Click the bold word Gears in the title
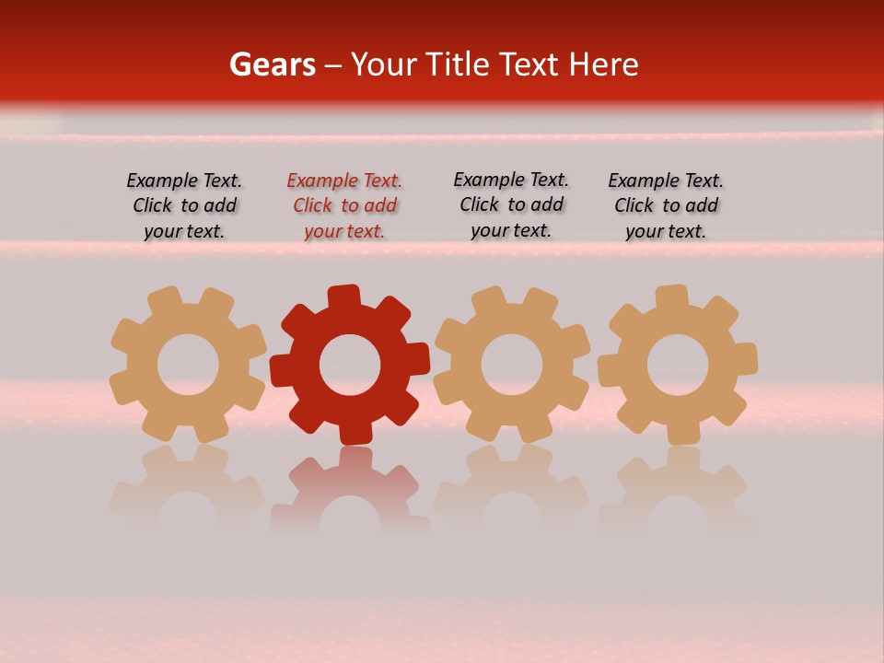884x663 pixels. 272,64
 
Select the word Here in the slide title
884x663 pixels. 603,64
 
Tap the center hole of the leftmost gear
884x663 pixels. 188,365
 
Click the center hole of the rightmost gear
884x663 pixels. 678,365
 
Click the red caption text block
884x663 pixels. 344,206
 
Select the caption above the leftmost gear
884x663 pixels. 184,206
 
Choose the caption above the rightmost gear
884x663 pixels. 666,206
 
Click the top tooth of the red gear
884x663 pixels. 343,297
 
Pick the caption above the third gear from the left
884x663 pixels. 511,205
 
